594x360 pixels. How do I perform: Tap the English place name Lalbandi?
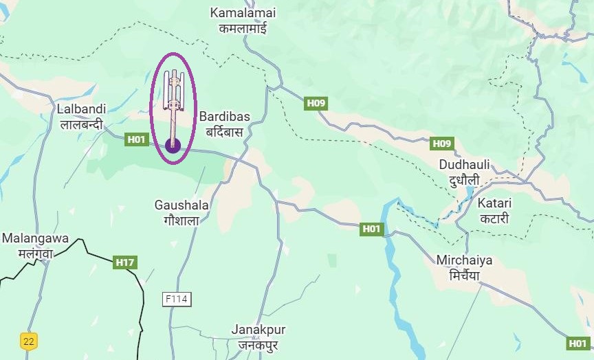[x=80, y=109]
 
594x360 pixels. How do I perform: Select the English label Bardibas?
[x=225, y=116]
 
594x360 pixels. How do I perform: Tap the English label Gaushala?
[x=181, y=205]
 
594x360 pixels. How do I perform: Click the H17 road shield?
[x=125, y=262]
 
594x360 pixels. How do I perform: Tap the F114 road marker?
[x=177, y=299]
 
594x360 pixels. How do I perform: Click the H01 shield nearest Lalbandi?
[x=137, y=139]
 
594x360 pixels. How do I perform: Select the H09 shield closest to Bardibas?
[x=316, y=104]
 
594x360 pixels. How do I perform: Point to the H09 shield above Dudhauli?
[x=441, y=144]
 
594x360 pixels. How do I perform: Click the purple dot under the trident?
[x=173, y=145]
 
